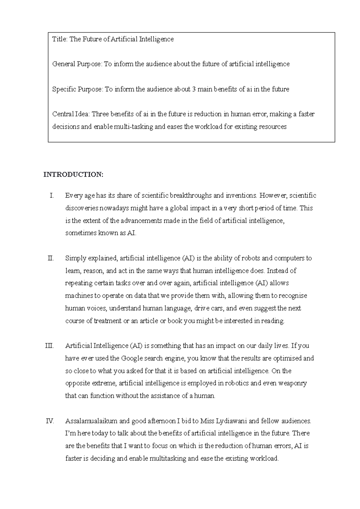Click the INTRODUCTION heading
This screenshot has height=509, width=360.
[x=73, y=175]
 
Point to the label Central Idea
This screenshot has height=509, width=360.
[x=71, y=114]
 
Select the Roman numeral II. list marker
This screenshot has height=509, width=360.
[x=51, y=258]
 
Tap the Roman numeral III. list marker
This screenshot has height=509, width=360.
[x=49, y=346]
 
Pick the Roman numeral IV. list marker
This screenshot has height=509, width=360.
[x=50, y=421]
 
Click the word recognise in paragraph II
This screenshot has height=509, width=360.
[x=293, y=296]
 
